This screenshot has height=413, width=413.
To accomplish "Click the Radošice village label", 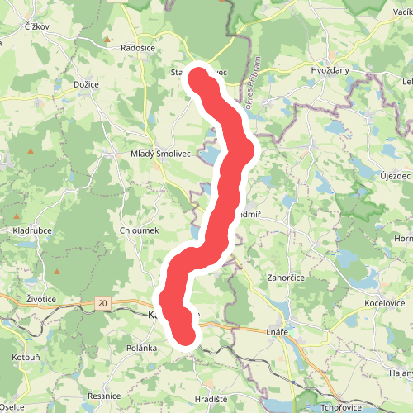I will [139, 48].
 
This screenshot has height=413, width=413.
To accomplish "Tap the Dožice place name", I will [86, 85].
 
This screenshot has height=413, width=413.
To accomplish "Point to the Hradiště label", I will [211, 399].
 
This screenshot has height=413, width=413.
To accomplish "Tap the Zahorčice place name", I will [287, 278].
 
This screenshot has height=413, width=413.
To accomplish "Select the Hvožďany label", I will [330, 71].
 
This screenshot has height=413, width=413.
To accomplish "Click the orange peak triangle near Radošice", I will [107, 39].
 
